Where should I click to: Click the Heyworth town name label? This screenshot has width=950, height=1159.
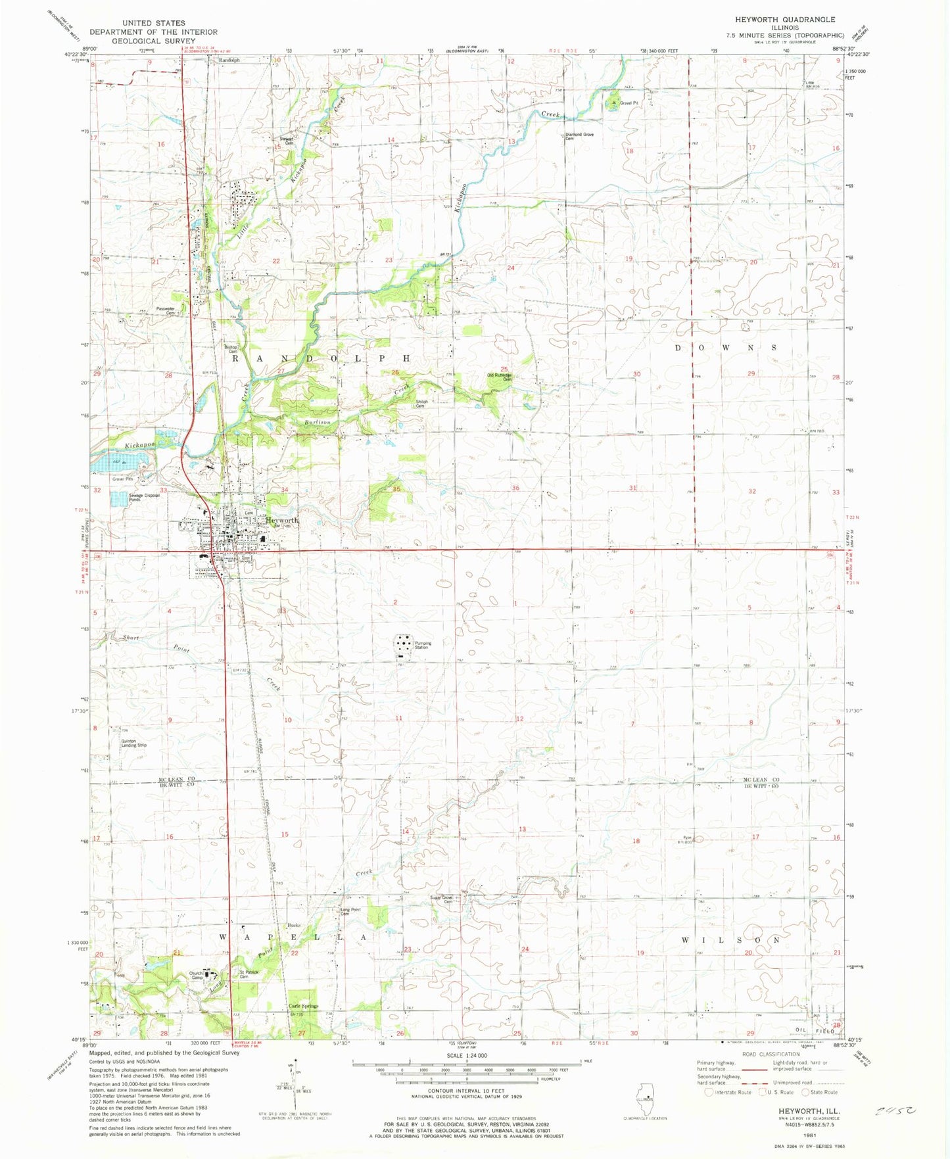(281, 520)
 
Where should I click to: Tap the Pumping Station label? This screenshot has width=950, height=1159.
(422, 645)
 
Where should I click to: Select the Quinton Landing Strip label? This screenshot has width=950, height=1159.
(133, 743)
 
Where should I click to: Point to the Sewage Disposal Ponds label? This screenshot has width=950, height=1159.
(144, 497)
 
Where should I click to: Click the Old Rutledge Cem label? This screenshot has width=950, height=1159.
(499, 377)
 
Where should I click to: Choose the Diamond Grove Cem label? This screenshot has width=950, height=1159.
(579, 136)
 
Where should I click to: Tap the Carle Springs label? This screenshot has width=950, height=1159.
(303, 1006)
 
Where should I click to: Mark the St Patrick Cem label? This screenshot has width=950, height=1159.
(249, 974)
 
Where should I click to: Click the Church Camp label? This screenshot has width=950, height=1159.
(196, 975)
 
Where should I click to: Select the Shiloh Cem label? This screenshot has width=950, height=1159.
(421, 404)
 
